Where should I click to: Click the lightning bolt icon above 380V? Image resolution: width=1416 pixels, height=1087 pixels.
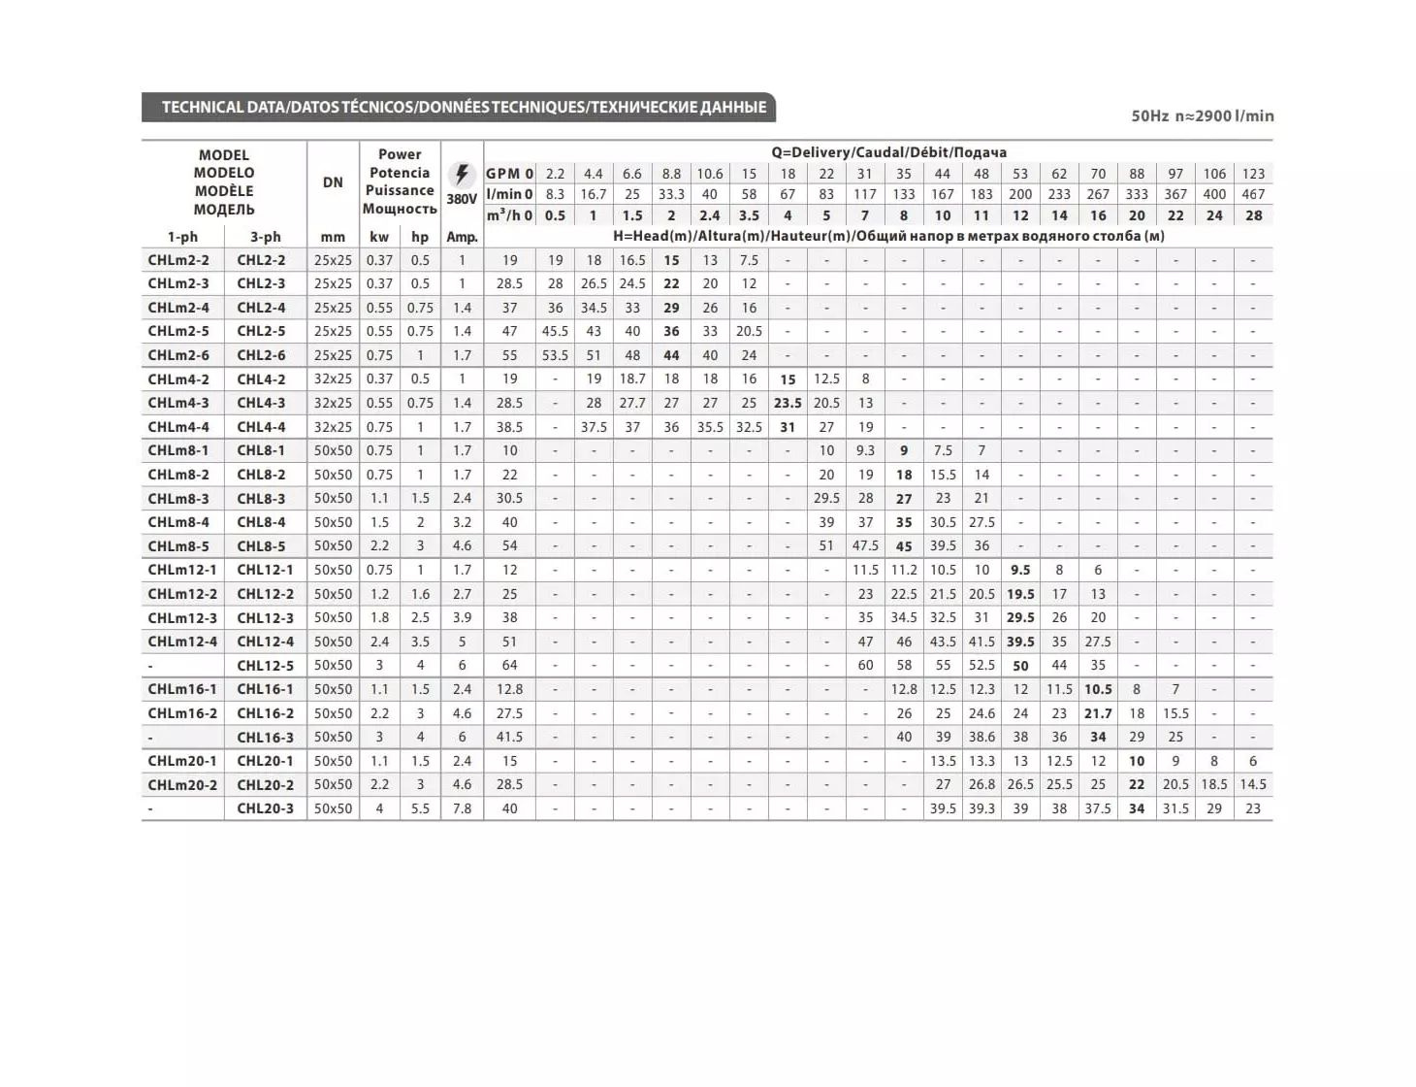(461, 175)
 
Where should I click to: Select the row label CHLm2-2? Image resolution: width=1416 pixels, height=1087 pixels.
(178, 260)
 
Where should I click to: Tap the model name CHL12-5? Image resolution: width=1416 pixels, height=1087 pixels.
(265, 666)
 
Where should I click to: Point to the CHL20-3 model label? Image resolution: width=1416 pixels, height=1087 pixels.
(265, 808)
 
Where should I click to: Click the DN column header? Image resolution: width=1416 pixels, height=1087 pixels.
(333, 181)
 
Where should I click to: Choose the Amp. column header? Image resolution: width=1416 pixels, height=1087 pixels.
(462, 237)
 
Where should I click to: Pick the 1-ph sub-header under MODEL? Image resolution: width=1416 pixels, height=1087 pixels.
(182, 237)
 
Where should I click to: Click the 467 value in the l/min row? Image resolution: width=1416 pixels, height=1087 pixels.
(1253, 194)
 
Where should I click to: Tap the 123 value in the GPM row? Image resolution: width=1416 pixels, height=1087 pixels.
(1253, 174)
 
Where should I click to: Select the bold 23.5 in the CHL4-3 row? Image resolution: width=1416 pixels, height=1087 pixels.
(788, 403)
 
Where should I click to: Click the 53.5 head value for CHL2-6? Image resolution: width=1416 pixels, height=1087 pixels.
(555, 355)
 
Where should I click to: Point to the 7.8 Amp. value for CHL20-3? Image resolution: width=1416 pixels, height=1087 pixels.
(462, 808)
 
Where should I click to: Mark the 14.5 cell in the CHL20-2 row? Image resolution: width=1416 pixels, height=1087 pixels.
(1253, 784)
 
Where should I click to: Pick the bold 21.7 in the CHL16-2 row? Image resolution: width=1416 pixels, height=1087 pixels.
(1098, 713)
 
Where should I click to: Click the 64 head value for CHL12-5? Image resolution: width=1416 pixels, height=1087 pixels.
(509, 666)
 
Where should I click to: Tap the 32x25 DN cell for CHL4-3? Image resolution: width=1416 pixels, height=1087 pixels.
(333, 403)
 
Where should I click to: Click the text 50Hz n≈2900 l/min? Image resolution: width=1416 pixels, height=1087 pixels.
(1202, 116)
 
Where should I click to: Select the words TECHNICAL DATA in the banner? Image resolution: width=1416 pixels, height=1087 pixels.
(222, 107)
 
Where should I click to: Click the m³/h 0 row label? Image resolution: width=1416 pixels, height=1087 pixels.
(509, 215)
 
